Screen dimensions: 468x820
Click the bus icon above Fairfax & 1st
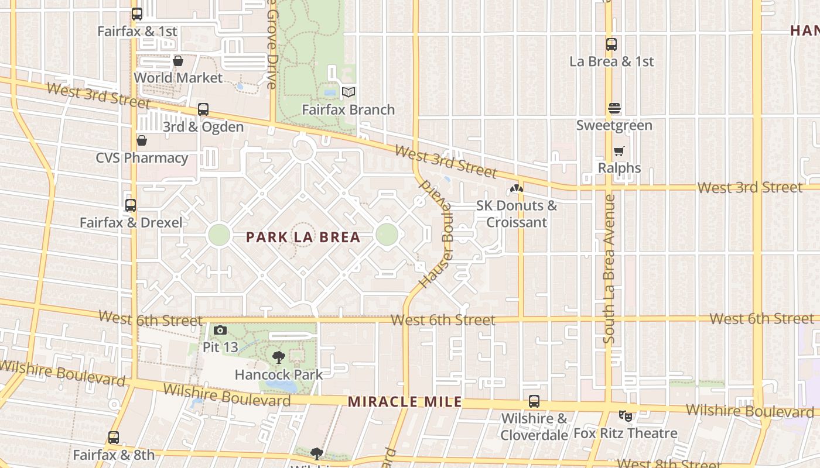(x=137, y=14)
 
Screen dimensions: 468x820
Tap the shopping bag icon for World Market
(x=178, y=61)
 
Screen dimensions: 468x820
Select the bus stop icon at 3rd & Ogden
(x=203, y=109)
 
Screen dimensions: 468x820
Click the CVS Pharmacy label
(x=142, y=158)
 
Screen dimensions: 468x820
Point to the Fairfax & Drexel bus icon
(x=131, y=205)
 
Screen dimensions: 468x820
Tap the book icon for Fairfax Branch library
(x=348, y=92)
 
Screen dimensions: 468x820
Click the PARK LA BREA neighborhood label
(x=303, y=237)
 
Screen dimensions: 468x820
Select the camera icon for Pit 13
(x=220, y=331)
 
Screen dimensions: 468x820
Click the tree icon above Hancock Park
(x=279, y=357)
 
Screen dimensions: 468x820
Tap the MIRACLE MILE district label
(x=405, y=402)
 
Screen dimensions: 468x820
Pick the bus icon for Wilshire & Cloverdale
(x=534, y=401)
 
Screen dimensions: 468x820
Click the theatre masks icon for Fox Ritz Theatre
(x=626, y=416)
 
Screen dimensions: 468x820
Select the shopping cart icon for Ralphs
(x=619, y=151)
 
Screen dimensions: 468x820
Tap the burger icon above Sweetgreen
(x=614, y=108)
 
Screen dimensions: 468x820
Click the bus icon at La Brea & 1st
(x=611, y=44)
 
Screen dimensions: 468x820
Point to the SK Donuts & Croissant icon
(x=516, y=188)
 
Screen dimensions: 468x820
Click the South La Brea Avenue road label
(x=609, y=269)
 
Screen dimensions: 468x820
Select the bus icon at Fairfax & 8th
(x=114, y=438)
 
